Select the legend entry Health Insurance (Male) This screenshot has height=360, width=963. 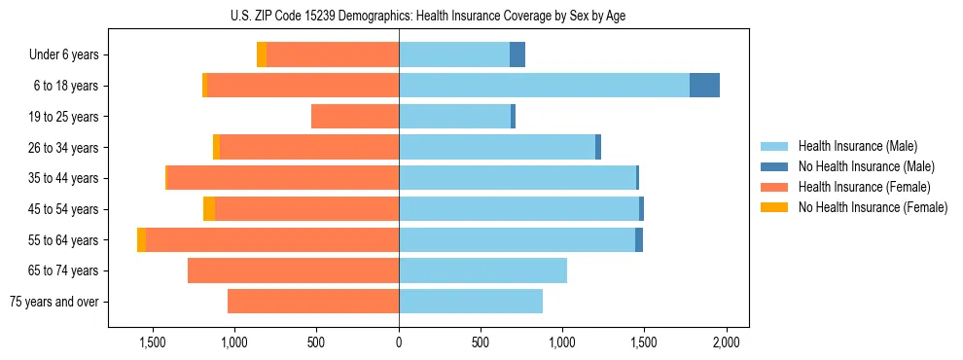[x=856, y=146]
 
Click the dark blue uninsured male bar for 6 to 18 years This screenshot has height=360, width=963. [x=704, y=86]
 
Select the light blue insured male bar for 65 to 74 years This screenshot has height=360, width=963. [x=482, y=270]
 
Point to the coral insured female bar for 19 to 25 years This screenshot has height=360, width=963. [x=355, y=117]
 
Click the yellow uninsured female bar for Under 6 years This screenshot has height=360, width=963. [x=262, y=54]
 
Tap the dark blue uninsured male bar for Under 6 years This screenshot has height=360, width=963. [x=517, y=54]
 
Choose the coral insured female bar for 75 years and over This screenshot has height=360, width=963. [x=313, y=302]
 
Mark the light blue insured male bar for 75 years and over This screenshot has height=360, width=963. [x=471, y=302]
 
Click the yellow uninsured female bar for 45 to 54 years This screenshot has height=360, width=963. [x=209, y=209]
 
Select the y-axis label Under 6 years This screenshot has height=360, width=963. [x=63, y=54]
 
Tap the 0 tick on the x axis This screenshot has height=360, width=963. [x=399, y=342]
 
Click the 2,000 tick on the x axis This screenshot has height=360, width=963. [x=726, y=342]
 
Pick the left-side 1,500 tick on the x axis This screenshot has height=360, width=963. [x=153, y=342]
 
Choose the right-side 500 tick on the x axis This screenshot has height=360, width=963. [x=481, y=342]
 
